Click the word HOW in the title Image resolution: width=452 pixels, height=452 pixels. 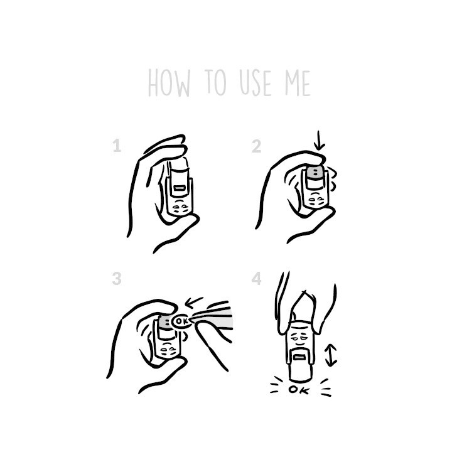click(169, 83)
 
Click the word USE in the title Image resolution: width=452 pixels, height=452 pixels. click(255, 83)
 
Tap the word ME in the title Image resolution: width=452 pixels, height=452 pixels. click(298, 83)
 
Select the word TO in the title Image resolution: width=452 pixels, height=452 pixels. click(215, 82)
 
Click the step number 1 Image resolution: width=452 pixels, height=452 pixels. click(117, 146)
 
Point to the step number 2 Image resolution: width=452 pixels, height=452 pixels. click(256, 146)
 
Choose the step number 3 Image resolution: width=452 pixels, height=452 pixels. click(117, 279)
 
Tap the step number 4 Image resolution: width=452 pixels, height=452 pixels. click(257, 279)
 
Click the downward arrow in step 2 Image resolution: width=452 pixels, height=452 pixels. click(319, 141)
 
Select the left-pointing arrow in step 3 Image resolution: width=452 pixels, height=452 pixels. click(194, 302)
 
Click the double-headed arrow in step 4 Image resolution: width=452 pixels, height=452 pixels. click(331, 355)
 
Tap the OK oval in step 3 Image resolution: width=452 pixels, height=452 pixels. click(181, 321)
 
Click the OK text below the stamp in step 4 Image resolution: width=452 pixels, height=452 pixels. click(299, 390)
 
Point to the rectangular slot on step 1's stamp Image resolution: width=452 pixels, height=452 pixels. click(180, 188)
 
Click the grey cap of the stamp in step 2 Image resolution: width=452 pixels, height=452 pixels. click(314, 172)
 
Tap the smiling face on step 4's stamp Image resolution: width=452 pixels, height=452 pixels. click(298, 340)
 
